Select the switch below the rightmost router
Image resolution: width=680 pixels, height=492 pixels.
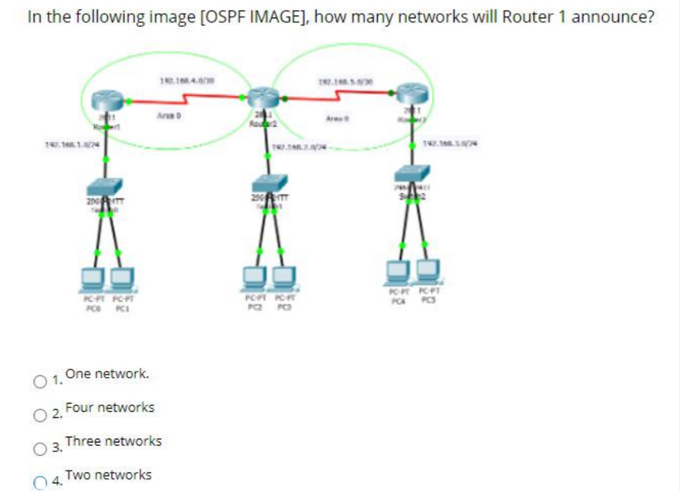click(416, 174)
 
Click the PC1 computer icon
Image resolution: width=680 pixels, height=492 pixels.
click(121, 277)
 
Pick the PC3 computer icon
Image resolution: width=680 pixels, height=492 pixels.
click(284, 276)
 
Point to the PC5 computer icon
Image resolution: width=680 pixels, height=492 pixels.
click(427, 269)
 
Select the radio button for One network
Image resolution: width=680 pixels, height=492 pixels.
click(40, 380)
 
